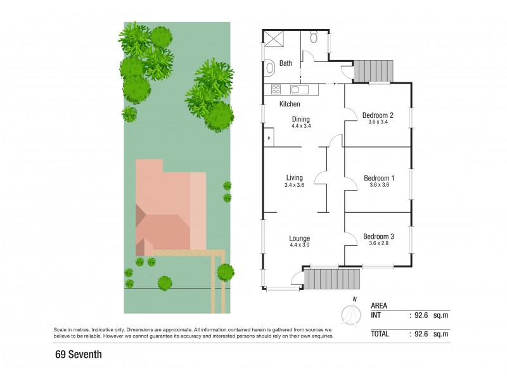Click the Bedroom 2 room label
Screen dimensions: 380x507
pyautogui.click(x=378, y=115)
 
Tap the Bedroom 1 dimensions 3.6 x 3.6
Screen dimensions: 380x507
pyautogui.click(x=378, y=186)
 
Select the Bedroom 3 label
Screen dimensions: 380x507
pyautogui.click(x=378, y=237)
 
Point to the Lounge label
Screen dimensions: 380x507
pyautogui.click(x=299, y=238)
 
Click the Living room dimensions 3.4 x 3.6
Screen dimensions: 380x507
pyautogui.click(x=295, y=186)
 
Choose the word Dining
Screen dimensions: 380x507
pyautogui.click(x=301, y=118)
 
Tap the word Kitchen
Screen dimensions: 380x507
pyautogui.click(x=290, y=104)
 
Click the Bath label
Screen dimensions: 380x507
pyautogui.click(x=286, y=63)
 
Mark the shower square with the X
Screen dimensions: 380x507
pyautogui.click(x=273, y=39)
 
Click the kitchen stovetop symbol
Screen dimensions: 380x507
pyautogui.click(x=277, y=89)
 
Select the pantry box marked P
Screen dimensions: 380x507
pyautogui.click(x=269, y=138)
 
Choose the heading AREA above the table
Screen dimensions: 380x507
pyautogui.click(x=380, y=305)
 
